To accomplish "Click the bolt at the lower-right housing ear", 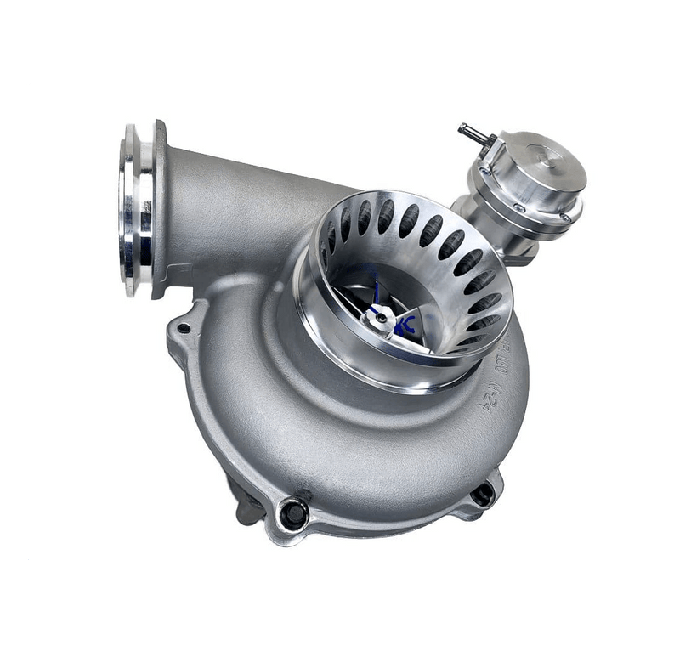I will click(483, 493).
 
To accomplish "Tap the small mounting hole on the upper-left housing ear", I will click(183, 328).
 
